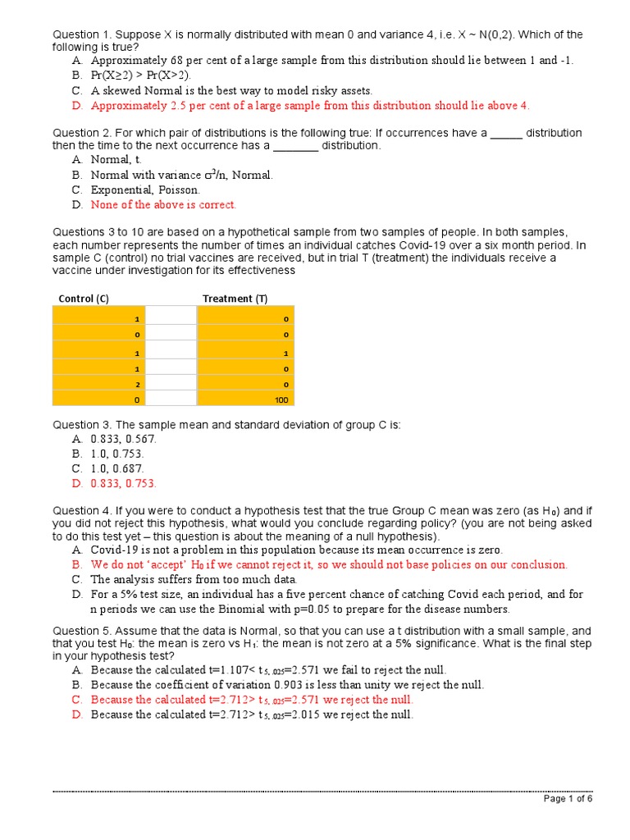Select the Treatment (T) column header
pyautogui.click(x=235, y=299)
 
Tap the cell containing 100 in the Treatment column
pyautogui.click(x=245, y=399)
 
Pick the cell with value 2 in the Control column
pyautogui.click(x=99, y=384)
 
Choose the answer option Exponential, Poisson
pyautogui.click(x=144, y=189)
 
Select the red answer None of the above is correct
pyautogui.click(x=163, y=205)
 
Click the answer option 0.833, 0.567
pyautogui.click(x=123, y=439)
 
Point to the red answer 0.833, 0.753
pyautogui.click(x=123, y=483)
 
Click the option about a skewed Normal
pyautogui.click(x=231, y=90)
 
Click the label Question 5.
pyautogui.click(x=81, y=631)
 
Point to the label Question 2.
pyautogui.click(x=81, y=132)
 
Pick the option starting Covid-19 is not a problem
pyautogui.click(x=296, y=550)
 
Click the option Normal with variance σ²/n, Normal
pyautogui.click(x=182, y=175)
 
